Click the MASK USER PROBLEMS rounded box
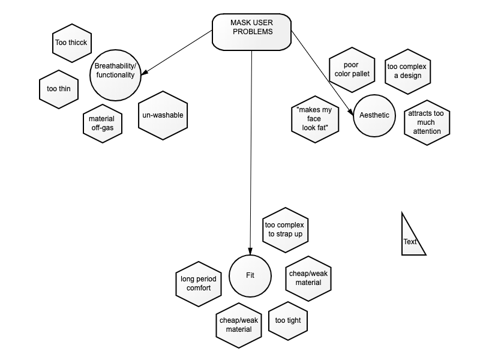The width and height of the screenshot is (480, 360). click(x=251, y=32)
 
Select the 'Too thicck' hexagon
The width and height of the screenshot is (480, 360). click(x=72, y=43)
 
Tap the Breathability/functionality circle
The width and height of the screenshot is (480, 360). click(x=115, y=76)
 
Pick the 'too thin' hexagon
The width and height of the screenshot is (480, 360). click(x=59, y=89)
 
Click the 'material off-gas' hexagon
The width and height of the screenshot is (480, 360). click(x=103, y=124)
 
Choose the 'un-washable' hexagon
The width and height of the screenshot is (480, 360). click(x=163, y=115)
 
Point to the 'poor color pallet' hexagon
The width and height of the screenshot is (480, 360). click(x=352, y=70)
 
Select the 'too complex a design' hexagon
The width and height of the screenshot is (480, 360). click(x=408, y=71)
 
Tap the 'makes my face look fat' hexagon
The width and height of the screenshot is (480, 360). click(x=315, y=119)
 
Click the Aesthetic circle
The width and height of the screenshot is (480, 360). click(x=374, y=116)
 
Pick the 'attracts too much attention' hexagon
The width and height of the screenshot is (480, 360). click(x=427, y=122)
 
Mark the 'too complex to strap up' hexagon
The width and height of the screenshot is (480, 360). click(x=286, y=230)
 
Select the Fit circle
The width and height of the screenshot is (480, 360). click(x=250, y=276)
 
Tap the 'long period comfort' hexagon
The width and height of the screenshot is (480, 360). click(x=199, y=284)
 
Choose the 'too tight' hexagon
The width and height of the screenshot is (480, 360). click(x=288, y=321)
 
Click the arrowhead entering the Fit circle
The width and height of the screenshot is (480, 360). click(x=250, y=251)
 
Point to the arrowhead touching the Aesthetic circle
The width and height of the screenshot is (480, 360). click(x=350, y=112)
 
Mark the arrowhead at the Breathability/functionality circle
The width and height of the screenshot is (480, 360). click(x=145, y=72)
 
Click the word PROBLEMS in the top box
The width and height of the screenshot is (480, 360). click(x=253, y=32)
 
